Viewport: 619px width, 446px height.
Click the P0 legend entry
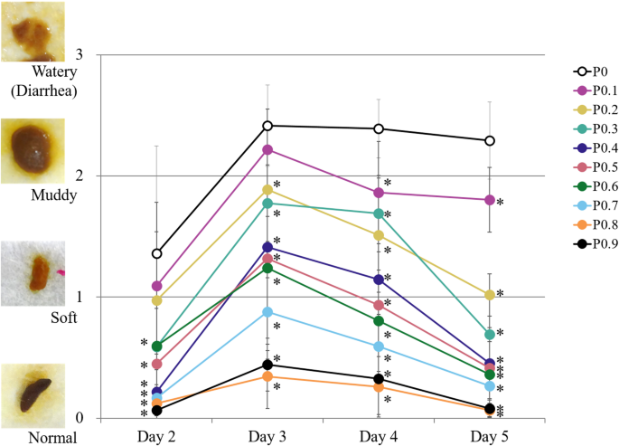pyautogui.click(x=593, y=71)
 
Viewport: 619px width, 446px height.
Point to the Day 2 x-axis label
pyautogui.click(x=156, y=436)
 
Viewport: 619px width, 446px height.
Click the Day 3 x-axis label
pyautogui.click(x=267, y=436)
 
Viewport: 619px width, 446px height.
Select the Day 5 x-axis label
pyautogui.click(x=489, y=436)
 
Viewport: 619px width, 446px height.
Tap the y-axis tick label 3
pyautogui.click(x=79, y=54)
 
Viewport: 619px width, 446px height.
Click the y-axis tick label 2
pyautogui.click(x=79, y=176)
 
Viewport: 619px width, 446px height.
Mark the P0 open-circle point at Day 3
pyautogui.click(x=267, y=126)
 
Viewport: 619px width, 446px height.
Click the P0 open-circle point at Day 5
pyautogui.click(x=490, y=141)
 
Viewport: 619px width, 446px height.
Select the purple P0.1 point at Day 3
pyautogui.click(x=267, y=150)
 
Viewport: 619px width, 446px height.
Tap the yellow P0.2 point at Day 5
pyautogui.click(x=490, y=295)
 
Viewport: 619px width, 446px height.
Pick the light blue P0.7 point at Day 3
pyautogui.click(x=267, y=312)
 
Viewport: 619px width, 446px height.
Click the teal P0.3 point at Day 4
pyautogui.click(x=379, y=214)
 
